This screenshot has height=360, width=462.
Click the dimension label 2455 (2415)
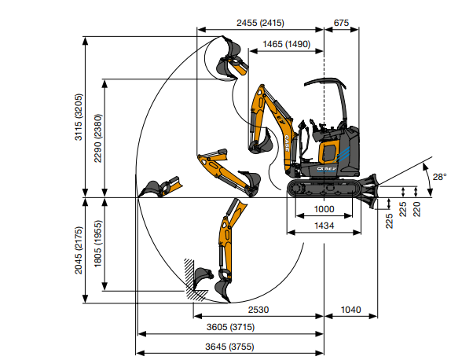point(260,23)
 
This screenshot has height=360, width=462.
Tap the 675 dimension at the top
point(341,23)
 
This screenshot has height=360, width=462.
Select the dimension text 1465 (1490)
point(286,44)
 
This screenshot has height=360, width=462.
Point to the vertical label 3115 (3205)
point(79,117)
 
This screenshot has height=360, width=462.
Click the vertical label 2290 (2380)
point(97,138)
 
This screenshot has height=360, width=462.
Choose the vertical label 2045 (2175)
point(79,250)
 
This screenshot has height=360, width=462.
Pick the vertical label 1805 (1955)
point(97,244)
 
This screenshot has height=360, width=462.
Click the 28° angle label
point(440,177)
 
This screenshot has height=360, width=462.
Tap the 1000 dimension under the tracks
point(324,209)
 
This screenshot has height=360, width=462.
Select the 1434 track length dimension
point(324,226)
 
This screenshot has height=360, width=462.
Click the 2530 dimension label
point(258,310)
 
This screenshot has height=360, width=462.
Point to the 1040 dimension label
point(351,310)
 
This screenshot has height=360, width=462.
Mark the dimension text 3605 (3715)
point(230,327)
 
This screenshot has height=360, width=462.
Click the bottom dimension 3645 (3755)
point(229,347)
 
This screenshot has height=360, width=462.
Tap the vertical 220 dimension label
point(417,209)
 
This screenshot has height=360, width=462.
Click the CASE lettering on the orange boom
point(287,143)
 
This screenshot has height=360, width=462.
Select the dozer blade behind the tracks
point(368,191)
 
